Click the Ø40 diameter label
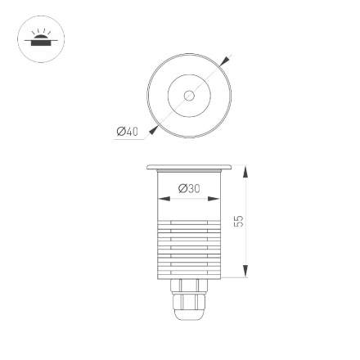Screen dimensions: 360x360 pos(127,132)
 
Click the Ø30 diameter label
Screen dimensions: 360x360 pos(189,188)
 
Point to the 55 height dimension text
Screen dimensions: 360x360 pos(239,221)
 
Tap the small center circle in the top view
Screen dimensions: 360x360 pos(189,96)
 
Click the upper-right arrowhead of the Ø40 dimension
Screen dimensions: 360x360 pos(226,61)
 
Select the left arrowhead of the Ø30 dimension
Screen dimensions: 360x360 pos(162,197)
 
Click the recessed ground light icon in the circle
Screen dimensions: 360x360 pos(40,38)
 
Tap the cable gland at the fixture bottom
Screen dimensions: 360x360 pos(189,299)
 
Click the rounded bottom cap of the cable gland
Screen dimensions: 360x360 pos(189,315)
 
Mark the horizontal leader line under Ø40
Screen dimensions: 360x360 pos(131,138)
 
